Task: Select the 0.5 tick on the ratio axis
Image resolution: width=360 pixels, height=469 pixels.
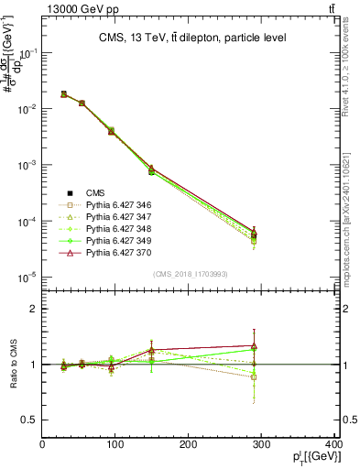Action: coord(32,420)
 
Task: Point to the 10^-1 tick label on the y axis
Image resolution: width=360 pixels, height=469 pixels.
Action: coord(27,53)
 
